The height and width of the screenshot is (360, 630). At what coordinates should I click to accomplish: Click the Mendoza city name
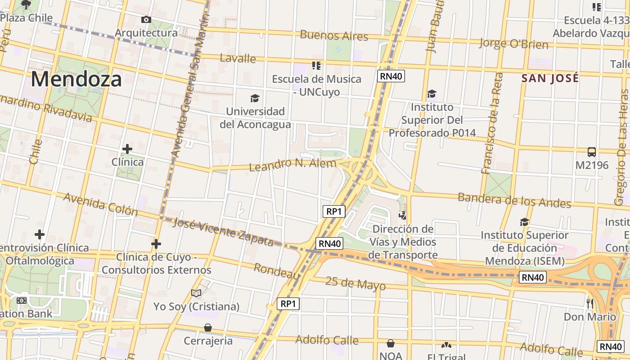click(76, 79)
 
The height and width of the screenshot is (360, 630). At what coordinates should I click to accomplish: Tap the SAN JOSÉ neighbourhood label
click(550, 78)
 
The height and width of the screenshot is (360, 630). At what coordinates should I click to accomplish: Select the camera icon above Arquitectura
click(146, 19)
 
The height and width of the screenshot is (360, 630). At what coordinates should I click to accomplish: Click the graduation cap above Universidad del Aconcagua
click(255, 98)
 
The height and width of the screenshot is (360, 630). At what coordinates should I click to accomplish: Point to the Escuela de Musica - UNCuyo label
click(316, 85)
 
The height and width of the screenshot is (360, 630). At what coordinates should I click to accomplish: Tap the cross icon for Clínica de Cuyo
click(156, 244)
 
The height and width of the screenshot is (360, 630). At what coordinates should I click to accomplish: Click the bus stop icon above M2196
click(592, 152)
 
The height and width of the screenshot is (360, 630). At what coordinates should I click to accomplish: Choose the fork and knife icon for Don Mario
click(590, 304)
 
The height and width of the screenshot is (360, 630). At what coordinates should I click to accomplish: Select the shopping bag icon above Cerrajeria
click(208, 327)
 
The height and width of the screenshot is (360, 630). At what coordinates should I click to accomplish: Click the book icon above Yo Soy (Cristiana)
click(196, 293)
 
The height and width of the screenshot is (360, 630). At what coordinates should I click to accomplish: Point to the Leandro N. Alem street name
click(292, 164)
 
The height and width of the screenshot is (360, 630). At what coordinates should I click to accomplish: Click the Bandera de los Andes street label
click(514, 200)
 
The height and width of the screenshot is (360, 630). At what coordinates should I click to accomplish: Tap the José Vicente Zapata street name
click(223, 231)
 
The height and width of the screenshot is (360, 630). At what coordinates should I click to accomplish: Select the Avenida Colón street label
click(100, 204)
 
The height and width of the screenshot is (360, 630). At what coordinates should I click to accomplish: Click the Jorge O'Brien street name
click(513, 44)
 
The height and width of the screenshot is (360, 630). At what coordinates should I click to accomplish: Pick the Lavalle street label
click(238, 58)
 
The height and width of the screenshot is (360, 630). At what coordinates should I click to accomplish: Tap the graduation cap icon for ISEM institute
click(524, 222)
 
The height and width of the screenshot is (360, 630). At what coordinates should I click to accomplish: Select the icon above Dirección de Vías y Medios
click(402, 216)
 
